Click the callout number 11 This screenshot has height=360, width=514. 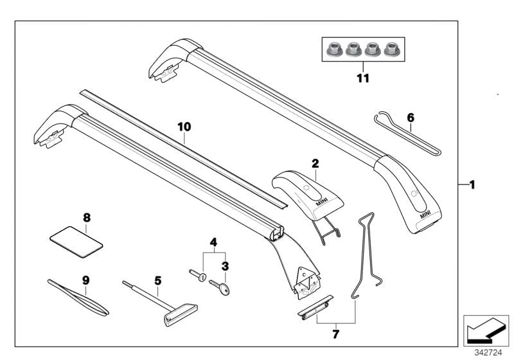tap(364, 78)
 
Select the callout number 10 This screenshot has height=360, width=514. tap(184, 127)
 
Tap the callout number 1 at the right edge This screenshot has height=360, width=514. tap(472, 185)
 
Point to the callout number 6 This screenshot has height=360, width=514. tap(411, 117)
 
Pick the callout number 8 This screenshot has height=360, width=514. tap(87, 217)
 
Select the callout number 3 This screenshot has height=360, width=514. tap(226, 264)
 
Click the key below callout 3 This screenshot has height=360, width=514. tap(226, 289)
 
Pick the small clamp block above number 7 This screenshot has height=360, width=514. tap(315, 307)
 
